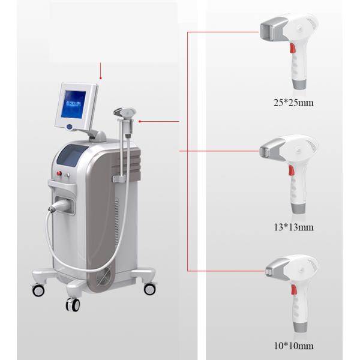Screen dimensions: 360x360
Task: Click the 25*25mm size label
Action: [293, 103]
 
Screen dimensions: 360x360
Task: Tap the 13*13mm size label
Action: [293, 227]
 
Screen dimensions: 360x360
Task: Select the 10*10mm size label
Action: [293, 346]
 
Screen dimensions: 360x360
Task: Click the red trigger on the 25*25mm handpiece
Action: [293, 48]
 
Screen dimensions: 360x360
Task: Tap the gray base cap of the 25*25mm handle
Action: [300, 86]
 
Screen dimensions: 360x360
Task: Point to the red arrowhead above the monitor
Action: [101, 77]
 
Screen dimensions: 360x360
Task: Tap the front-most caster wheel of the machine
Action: [73, 304]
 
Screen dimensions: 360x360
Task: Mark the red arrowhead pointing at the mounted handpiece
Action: [140, 121]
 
